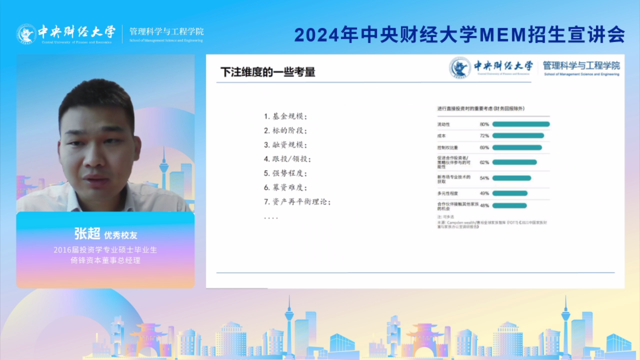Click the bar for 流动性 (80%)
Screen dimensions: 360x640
tap(521, 124)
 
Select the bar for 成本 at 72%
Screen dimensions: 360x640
tap(518, 136)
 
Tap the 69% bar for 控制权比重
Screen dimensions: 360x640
tap(517, 148)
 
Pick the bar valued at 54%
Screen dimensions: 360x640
tap(511, 178)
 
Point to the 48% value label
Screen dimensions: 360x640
tap(484, 206)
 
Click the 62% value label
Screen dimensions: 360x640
tap(484, 163)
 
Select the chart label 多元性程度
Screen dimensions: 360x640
tap(448, 193)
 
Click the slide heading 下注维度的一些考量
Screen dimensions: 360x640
tap(268, 72)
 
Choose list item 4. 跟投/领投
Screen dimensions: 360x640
tap(287, 159)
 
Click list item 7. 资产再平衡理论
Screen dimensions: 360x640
tap(298, 202)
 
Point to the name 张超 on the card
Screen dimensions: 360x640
tap(87, 234)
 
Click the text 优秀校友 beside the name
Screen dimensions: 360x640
tap(121, 235)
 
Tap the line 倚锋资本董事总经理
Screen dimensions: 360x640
tap(106, 261)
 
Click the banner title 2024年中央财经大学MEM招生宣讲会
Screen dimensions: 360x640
tap(460, 35)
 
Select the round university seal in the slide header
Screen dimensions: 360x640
tap(460, 68)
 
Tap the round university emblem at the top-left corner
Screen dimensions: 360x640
tap(26, 34)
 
